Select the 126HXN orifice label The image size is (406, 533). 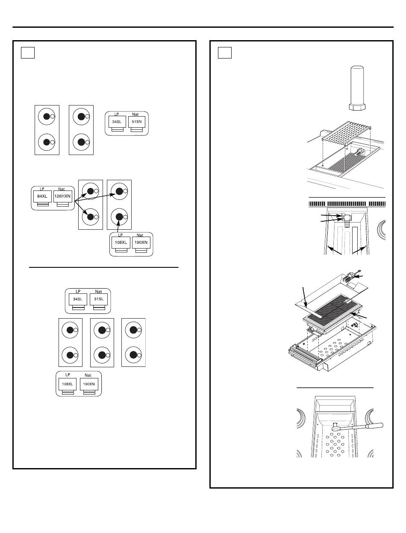tap(63, 197)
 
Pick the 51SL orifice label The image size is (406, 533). tap(98, 299)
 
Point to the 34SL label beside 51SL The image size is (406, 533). tap(78, 299)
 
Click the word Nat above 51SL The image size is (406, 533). tap(98, 291)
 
